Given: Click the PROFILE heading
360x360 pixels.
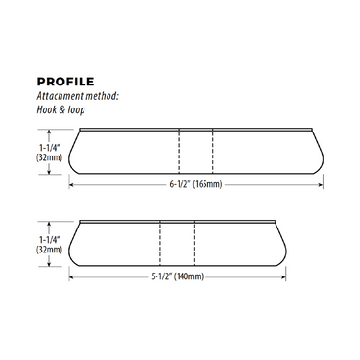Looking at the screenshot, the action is pyautogui.click(x=65, y=82).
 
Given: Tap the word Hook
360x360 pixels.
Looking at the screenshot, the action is pyautogui.click(x=46, y=109).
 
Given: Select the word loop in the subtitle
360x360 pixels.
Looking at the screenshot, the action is pyautogui.click(x=76, y=110).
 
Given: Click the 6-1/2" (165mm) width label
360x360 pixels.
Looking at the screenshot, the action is pyautogui.click(x=196, y=185).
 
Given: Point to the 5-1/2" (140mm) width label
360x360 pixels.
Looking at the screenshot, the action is pyautogui.click(x=178, y=276).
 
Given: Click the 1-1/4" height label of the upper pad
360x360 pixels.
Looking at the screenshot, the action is pyautogui.click(x=50, y=148).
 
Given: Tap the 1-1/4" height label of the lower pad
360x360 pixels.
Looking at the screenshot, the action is pyautogui.click(x=50, y=240).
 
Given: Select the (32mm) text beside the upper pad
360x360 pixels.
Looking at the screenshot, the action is pyautogui.click(x=49, y=157).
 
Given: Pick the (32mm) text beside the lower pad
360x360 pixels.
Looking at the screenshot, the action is pyautogui.click(x=49, y=250).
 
